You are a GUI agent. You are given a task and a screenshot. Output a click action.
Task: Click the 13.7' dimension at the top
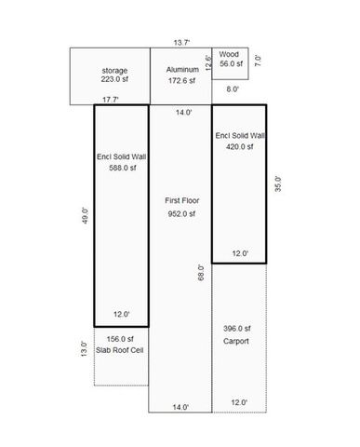click(182, 42)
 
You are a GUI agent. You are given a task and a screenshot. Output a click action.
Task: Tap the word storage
click(114, 71)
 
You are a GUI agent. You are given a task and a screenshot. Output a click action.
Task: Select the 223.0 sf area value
click(114, 81)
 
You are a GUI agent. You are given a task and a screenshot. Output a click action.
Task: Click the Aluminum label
click(181, 71)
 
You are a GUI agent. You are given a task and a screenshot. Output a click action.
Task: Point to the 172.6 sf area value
click(181, 81)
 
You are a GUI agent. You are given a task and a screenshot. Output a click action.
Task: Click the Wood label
click(229, 54)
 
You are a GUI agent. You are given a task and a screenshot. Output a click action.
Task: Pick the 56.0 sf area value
click(231, 64)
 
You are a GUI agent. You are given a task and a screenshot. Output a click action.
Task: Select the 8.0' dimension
click(232, 89)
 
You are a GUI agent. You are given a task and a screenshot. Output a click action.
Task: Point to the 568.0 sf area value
click(121, 168)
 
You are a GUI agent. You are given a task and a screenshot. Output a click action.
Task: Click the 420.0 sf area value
click(240, 146)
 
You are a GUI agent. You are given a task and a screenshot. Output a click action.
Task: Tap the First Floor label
click(181, 200)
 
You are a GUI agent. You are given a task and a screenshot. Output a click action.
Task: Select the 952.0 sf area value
click(181, 214)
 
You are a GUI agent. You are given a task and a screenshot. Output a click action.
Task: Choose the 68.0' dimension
click(201, 278)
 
